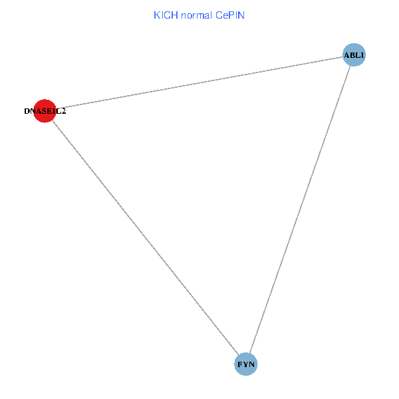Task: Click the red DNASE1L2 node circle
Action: pyautogui.click(x=45, y=111)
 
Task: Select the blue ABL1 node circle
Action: pyautogui.click(x=354, y=55)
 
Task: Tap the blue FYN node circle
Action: pyautogui.click(x=246, y=364)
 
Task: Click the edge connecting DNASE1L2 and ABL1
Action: pyautogui.click(x=199, y=82)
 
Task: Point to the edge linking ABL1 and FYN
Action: pyautogui.click(x=300, y=209)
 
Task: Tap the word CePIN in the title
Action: pyautogui.click(x=230, y=15)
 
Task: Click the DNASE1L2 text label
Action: pyautogui.click(x=45, y=112)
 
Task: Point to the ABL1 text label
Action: pyautogui.click(x=354, y=55)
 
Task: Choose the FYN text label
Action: pyautogui.click(x=246, y=364)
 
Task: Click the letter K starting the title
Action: pyautogui.click(x=157, y=15)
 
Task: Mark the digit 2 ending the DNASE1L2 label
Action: pyautogui.click(x=63, y=112)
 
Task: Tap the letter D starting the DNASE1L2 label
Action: pyautogui.click(x=27, y=112)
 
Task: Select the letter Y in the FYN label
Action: pyautogui.click(x=246, y=364)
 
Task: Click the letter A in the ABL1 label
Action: pyautogui.click(x=346, y=55)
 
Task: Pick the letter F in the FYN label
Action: pyautogui.click(x=240, y=364)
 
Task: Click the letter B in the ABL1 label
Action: pyautogui.click(x=352, y=55)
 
